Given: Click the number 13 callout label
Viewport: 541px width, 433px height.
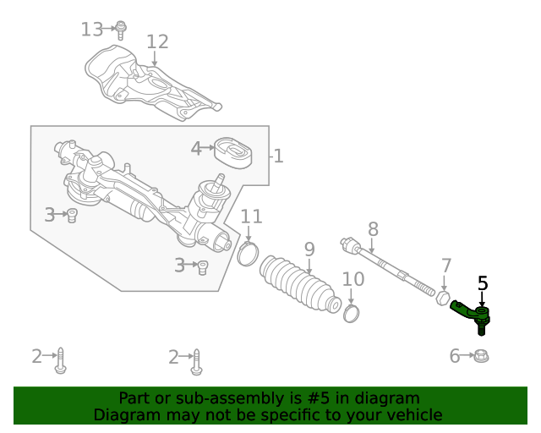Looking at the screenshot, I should (91, 30).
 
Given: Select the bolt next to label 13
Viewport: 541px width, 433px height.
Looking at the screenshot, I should (121, 30).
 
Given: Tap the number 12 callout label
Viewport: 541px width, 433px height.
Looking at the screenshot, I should (157, 42).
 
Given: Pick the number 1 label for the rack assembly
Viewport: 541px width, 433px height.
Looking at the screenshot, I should (277, 156).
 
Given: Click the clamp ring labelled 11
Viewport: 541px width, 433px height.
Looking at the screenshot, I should (247, 252).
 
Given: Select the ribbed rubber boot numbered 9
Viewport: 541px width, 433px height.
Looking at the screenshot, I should (300, 284).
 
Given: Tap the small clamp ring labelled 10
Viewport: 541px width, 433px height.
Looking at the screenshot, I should (352, 314).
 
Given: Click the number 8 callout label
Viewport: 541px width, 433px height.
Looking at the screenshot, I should (372, 228).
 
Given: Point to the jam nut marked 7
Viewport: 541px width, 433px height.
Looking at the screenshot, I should (441, 299).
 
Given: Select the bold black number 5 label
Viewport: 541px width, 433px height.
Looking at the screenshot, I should (483, 283).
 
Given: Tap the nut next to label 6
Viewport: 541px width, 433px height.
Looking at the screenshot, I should (481, 356).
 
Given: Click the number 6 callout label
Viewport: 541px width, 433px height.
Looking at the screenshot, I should (455, 356).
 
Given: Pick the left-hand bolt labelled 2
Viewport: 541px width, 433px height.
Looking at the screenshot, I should (61, 361).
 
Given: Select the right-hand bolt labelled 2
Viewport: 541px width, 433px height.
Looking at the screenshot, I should (196, 361).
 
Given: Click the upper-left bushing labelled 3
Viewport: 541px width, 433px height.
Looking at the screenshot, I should (73, 215).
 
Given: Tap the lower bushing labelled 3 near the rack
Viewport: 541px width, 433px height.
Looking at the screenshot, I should (202, 267).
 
